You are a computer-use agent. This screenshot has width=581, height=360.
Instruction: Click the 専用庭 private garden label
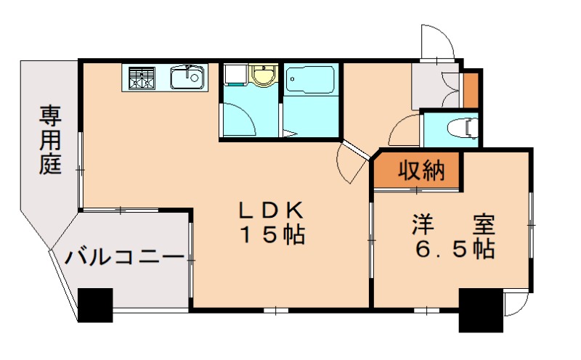[49, 139]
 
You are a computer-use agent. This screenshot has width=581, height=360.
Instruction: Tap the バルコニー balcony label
[124, 258]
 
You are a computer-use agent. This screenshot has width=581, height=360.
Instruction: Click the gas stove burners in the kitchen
[141, 77]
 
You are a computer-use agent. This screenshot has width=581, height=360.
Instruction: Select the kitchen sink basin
[188, 77]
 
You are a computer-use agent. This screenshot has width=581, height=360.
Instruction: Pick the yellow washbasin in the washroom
[262, 75]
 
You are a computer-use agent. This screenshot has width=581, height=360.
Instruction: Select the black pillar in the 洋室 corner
[481, 311]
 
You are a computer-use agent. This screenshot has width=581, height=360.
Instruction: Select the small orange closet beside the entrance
[471, 89]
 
